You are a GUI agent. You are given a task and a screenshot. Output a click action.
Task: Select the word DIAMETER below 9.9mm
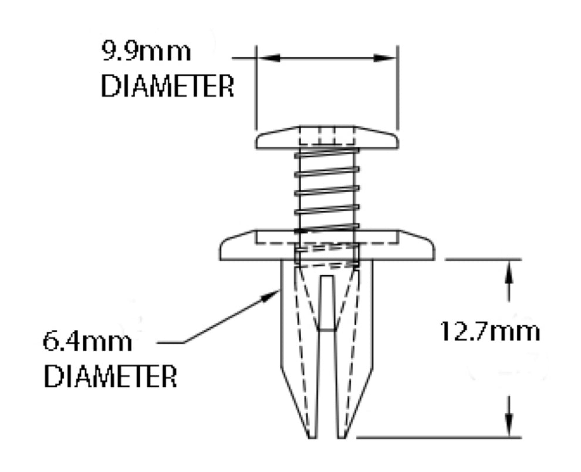tap(167, 87)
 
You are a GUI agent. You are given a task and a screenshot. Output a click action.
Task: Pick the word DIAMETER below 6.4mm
tap(110, 376)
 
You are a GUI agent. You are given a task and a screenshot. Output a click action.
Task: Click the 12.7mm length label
tap(490, 332)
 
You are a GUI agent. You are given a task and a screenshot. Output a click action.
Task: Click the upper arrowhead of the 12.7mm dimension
tap(509, 271)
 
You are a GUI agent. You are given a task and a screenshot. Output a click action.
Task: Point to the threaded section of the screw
tap(327, 188)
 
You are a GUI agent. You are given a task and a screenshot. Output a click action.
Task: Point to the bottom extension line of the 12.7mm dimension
tap(440, 437)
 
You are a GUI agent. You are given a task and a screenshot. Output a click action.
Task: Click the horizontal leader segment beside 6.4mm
tap(170, 342)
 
